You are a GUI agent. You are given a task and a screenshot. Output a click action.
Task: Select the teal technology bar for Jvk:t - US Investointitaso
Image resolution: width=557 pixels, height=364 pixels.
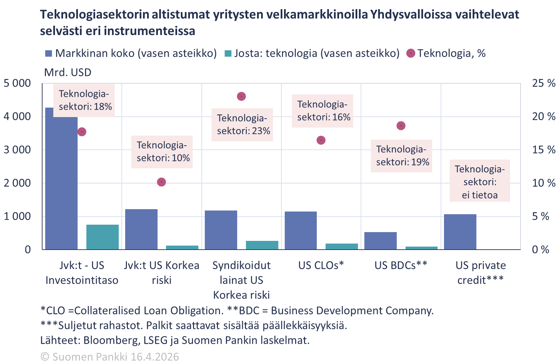[x=102, y=237]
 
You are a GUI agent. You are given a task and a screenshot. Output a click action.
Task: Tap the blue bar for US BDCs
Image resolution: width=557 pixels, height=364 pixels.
[x=380, y=241]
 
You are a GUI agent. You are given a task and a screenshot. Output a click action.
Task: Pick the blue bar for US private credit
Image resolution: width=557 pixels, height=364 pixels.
[x=460, y=232]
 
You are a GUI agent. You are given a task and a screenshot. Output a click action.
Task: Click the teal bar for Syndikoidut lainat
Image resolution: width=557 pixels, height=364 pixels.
[x=262, y=245]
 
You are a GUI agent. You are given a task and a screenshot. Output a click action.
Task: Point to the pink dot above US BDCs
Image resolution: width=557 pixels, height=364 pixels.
[x=401, y=126]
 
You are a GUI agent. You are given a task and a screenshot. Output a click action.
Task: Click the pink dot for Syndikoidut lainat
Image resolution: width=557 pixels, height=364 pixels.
[x=241, y=96]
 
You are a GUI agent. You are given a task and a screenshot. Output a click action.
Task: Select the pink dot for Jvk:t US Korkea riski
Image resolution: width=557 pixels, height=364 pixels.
[x=162, y=182]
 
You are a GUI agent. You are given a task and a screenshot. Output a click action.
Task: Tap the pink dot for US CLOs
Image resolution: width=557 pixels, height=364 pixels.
[x=321, y=140]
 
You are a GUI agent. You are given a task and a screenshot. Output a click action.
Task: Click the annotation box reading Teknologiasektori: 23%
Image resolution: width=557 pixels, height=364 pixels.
[x=242, y=124]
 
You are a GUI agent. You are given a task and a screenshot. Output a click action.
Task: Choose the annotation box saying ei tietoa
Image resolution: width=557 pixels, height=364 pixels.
[x=479, y=182]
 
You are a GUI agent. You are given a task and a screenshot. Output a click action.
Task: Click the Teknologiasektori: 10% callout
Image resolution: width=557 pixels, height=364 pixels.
[x=162, y=152]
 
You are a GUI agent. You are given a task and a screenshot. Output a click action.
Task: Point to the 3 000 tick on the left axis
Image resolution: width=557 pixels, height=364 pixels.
[x=17, y=150]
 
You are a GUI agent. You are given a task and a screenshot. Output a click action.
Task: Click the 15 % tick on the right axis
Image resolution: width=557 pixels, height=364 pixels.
[x=544, y=150]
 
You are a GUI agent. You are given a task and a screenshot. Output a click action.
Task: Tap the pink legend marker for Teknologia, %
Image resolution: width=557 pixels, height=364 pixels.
[x=411, y=53]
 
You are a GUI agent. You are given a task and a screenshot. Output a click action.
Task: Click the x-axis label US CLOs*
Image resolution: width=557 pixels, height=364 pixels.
[x=321, y=265]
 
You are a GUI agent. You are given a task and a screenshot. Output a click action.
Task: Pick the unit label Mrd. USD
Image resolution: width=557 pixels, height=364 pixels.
[x=67, y=73]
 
